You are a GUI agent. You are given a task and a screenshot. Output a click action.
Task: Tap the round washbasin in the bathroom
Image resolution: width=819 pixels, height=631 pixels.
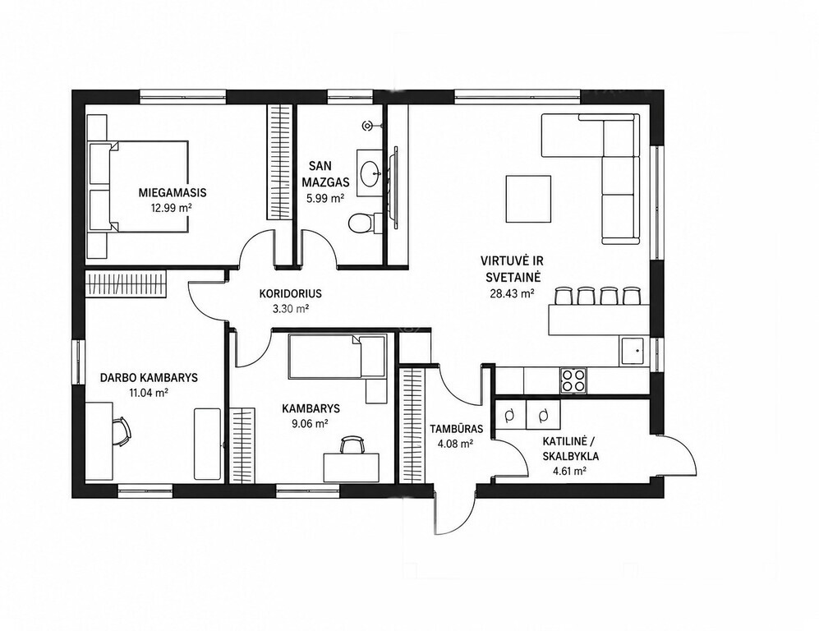[370, 173]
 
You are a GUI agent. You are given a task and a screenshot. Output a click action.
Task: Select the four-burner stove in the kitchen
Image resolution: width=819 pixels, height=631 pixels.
[573, 380]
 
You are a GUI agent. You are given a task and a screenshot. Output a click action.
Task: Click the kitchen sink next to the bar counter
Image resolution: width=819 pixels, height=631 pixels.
[633, 351]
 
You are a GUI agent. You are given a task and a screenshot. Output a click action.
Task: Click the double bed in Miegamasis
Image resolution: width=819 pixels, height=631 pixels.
[138, 186]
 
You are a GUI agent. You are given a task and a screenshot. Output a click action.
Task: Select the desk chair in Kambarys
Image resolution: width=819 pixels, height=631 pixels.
[352, 445]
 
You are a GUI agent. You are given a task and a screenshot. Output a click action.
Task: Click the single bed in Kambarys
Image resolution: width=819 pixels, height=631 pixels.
[338, 357]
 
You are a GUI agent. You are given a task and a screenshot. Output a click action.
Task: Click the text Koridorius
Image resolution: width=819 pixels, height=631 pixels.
[291, 293]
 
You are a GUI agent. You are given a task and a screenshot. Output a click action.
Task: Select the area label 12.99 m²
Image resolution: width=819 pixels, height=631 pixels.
[171, 207]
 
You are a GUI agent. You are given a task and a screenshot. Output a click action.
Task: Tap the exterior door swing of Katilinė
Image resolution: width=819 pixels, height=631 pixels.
[682, 454]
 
